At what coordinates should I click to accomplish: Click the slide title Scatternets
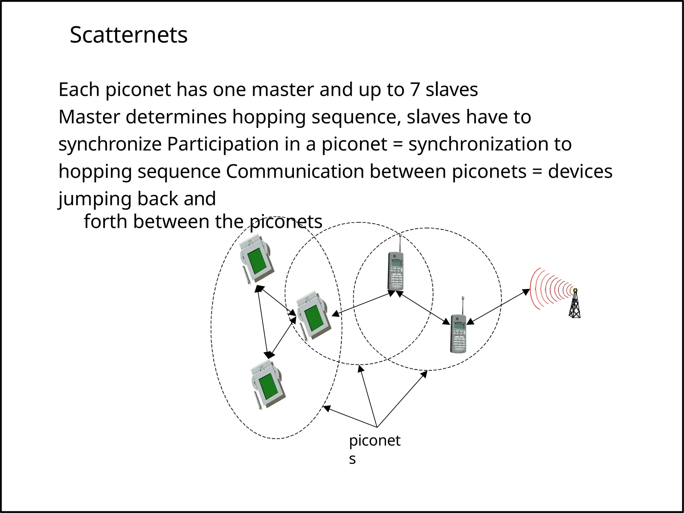tap(129, 35)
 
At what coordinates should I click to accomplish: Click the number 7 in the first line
tap(415, 90)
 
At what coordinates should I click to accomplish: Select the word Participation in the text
tap(223, 144)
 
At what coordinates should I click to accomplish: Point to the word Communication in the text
tap(295, 172)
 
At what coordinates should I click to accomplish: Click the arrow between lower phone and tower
tap(498, 307)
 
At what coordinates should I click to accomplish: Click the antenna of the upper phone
tap(400, 242)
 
